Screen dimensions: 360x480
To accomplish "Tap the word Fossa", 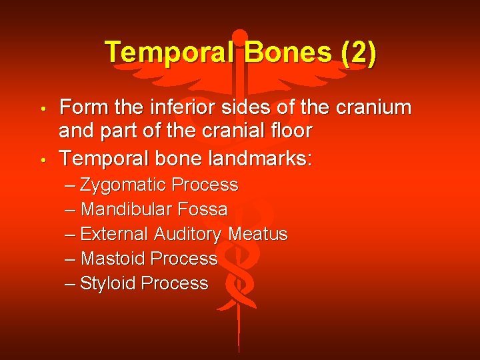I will [x=202, y=209].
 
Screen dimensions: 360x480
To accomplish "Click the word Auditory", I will [x=188, y=235].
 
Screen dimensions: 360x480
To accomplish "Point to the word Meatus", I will [x=258, y=234].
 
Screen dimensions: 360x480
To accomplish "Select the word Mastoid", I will [x=113, y=259].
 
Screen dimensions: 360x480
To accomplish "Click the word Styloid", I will [x=109, y=283].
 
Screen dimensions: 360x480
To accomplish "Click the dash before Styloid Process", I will [x=71, y=283].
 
